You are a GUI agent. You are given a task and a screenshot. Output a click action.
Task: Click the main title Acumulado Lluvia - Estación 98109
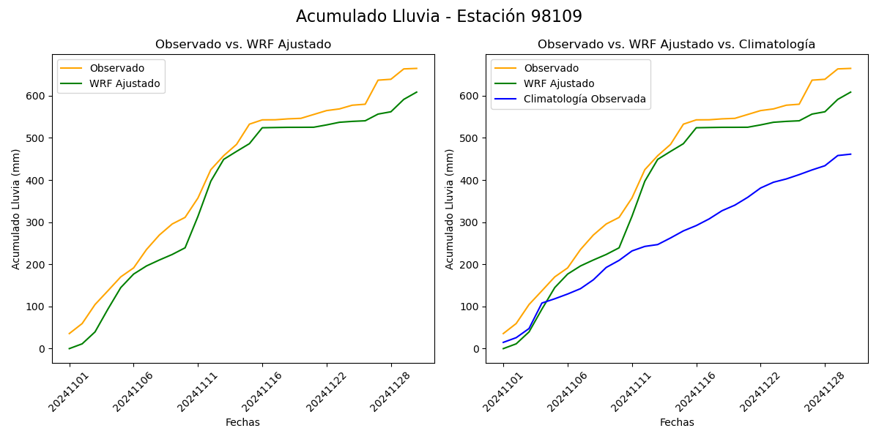click(x=439, y=17)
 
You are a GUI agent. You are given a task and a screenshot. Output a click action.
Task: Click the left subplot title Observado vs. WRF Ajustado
click(x=243, y=45)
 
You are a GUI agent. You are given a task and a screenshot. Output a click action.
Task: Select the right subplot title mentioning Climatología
click(x=676, y=45)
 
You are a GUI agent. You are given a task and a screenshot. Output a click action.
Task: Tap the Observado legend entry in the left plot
click(x=116, y=68)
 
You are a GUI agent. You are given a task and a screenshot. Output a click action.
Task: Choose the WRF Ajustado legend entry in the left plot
click(x=125, y=83)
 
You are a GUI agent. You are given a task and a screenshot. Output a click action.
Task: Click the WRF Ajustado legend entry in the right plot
click(x=559, y=83)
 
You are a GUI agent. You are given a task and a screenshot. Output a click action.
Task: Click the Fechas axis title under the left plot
click(x=242, y=423)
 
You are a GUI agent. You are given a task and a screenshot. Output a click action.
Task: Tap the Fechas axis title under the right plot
click(x=677, y=423)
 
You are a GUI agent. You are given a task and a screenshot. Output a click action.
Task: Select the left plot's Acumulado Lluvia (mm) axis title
click(x=16, y=209)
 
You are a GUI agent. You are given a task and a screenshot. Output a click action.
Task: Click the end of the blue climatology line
click(x=850, y=154)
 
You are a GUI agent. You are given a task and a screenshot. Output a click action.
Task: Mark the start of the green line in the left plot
click(x=70, y=348)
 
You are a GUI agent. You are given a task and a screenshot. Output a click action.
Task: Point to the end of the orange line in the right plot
click(x=850, y=69)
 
